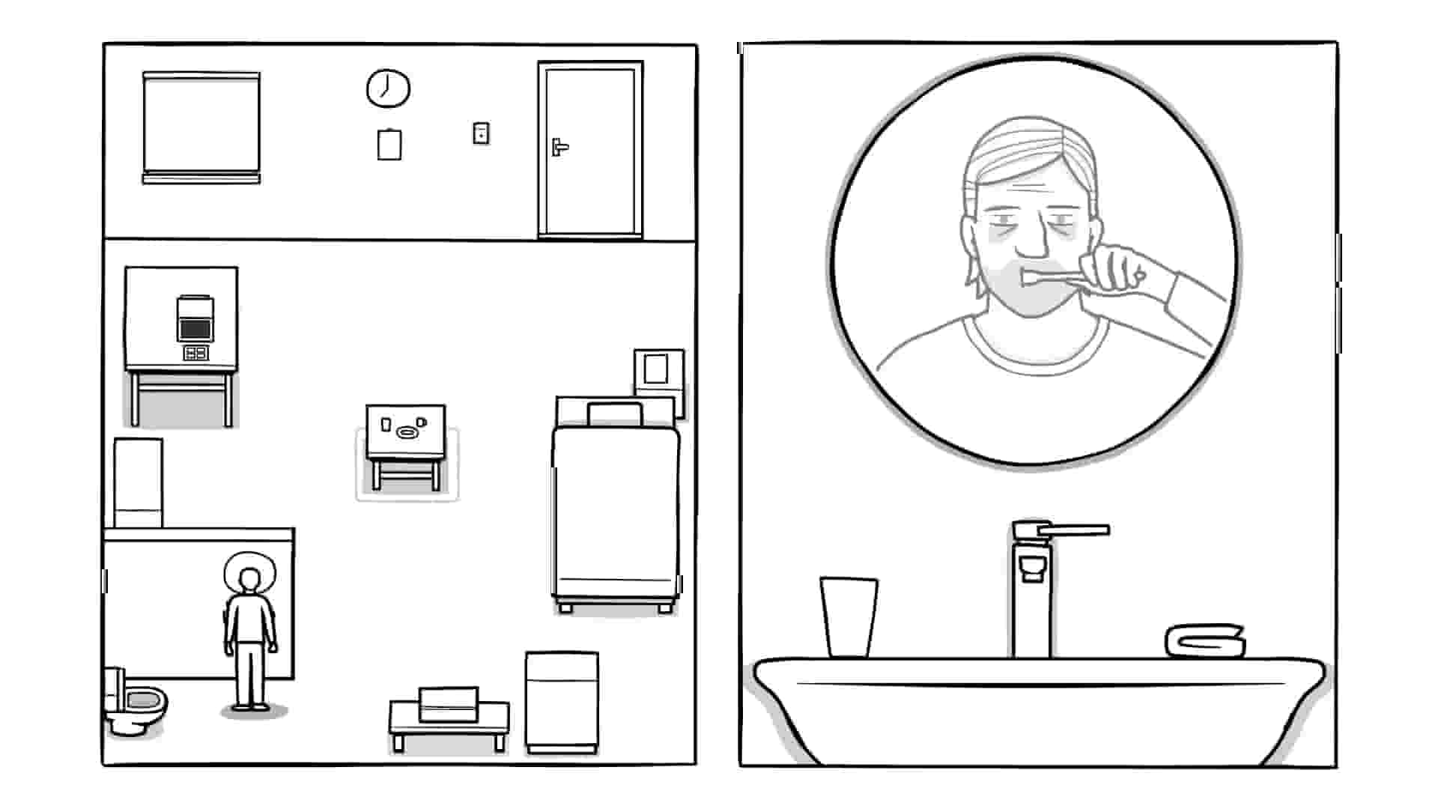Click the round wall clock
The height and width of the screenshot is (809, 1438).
coord(388,88)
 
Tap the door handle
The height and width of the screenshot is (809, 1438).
coord(559,147)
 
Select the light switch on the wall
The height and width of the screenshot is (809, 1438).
coord(481,133)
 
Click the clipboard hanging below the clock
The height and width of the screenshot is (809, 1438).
coord(389,145)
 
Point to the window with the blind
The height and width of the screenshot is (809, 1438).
coord(201,126)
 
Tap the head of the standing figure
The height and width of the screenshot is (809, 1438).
coord(249,579)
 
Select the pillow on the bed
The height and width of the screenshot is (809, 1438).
coord(615,414)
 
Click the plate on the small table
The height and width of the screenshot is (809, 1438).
coord(407,432)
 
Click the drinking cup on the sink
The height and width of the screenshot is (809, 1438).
coord(849,616)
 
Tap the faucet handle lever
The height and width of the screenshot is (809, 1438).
coord(1071,530)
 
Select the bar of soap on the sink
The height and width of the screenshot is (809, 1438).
coord(1205,640)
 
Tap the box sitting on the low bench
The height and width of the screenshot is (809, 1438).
coord(449,703)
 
